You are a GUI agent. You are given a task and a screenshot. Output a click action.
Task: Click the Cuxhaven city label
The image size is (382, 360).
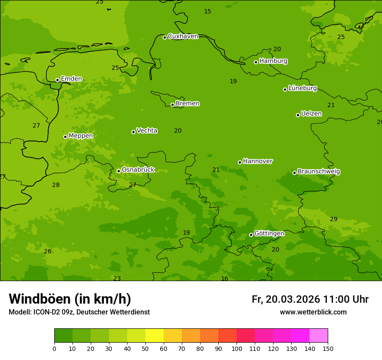coord(183,36)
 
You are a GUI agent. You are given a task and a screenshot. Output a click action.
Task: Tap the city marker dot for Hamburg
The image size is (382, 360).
coord(256,62)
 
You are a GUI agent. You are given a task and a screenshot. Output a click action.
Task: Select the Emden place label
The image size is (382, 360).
coord(71,79)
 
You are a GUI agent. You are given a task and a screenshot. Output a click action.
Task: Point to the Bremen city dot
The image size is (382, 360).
coord(172,105)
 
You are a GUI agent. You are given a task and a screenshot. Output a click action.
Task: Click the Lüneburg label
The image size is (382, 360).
coord(302,88)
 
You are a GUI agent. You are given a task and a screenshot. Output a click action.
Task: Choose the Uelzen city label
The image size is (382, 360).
coord(311,114)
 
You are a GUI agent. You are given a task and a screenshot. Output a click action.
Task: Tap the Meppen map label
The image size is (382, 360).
coord(81,136)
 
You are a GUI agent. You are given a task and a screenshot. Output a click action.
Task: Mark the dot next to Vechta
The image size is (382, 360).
coord(133,132)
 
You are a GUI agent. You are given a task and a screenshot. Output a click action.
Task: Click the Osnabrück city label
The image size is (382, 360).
coord(138,170)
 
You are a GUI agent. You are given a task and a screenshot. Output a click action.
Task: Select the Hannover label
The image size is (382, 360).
coord(257,161)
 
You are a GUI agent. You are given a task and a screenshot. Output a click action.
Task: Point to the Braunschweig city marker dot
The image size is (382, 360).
coord(294,173)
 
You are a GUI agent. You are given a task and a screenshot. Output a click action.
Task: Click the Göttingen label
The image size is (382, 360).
coord(269,234)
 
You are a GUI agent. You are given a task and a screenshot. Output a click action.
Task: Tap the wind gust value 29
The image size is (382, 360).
coord(333,219)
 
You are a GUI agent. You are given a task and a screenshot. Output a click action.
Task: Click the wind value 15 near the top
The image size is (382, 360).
coord(207,12)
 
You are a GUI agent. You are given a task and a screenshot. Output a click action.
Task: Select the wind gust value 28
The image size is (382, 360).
coord(56,185)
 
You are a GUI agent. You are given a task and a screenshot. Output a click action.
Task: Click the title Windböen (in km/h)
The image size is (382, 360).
coord(70,299)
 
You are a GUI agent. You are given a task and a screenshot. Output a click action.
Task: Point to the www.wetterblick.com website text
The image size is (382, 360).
coord(313,312)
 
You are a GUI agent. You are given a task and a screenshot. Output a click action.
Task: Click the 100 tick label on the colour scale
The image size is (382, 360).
coord(237,348)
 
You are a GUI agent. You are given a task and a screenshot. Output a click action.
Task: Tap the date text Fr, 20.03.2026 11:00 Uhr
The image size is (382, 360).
coord(310,299)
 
